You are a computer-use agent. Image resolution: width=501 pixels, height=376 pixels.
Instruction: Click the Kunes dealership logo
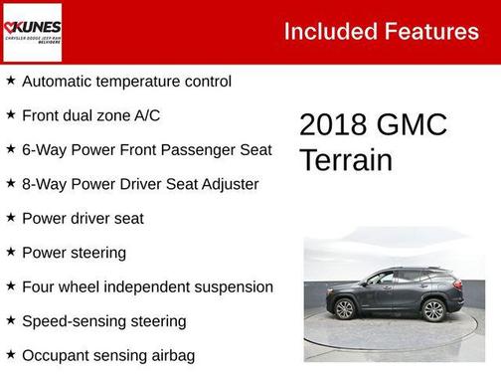32,32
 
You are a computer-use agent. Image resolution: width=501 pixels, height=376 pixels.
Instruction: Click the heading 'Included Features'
381,32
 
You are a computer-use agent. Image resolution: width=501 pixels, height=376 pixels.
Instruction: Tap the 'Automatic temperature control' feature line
126,82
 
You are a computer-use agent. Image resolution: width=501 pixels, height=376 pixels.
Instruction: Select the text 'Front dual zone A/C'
90,115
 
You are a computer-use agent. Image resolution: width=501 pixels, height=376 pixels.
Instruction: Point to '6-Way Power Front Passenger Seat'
146,150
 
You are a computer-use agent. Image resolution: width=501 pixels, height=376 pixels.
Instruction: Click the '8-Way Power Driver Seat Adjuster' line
139,184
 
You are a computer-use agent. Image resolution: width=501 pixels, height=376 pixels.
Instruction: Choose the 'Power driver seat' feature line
83,218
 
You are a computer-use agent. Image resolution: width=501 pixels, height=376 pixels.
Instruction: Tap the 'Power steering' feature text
74,253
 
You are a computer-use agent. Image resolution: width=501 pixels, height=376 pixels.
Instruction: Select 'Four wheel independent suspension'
147,286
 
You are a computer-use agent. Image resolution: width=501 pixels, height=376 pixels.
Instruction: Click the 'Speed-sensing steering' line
103,321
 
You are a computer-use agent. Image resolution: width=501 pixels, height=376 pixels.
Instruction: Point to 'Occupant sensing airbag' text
107,355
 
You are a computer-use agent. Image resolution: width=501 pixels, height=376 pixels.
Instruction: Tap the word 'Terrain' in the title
346,160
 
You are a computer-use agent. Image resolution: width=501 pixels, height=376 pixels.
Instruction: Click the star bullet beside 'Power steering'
11,252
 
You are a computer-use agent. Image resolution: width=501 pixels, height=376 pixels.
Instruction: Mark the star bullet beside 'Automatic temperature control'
11,81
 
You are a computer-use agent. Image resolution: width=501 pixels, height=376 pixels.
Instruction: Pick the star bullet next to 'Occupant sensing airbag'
11,354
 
